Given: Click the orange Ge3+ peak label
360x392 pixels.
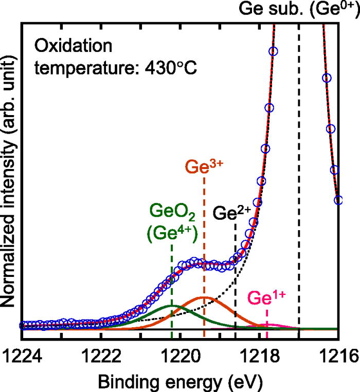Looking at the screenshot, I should (204, 167).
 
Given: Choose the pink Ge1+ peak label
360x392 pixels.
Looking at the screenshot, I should (266, 298).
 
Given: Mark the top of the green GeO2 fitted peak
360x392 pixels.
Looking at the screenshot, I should (172, 305).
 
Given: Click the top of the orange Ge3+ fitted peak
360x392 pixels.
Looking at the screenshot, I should (204, 297).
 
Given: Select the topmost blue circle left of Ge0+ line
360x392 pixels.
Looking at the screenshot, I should (273, 51).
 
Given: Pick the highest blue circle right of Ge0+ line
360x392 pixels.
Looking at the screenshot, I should (326, 78).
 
